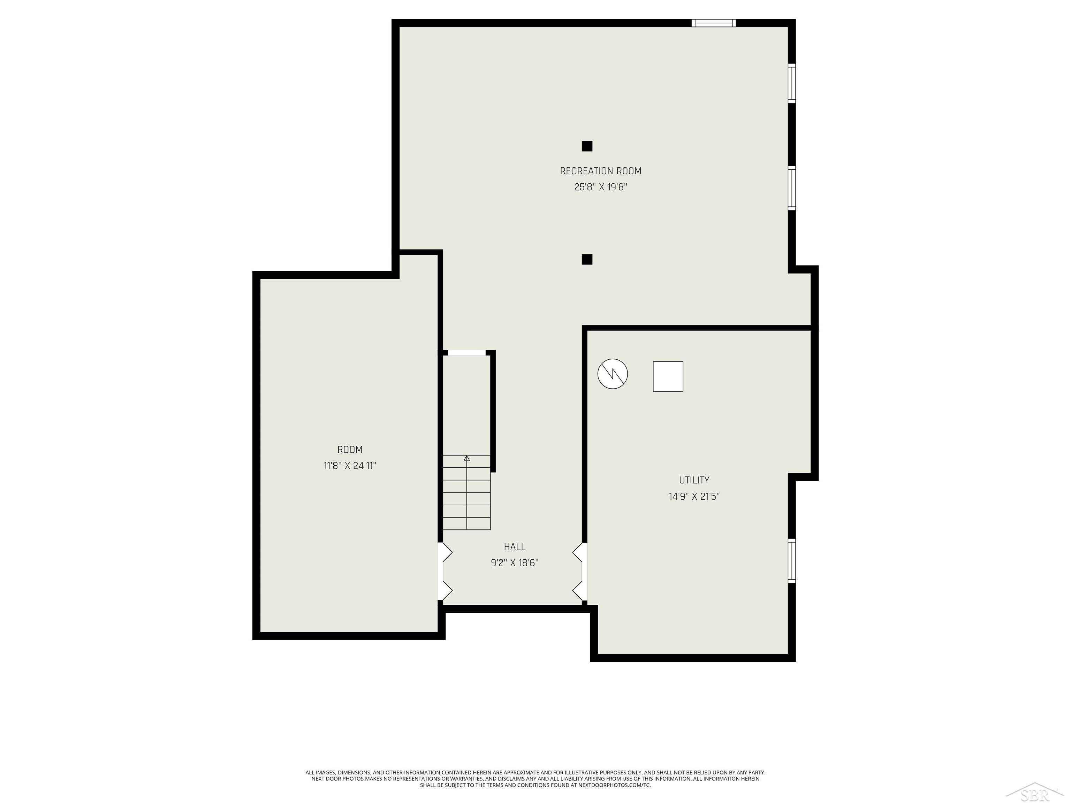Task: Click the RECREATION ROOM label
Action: click(600, 171)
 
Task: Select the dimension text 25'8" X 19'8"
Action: click(600, 187)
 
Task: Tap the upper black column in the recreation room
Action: click(587, 146)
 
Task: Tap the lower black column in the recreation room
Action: click(587, 259)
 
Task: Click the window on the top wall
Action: click(713, 23)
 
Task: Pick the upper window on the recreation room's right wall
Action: click(792, 83)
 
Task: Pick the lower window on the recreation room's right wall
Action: click(792, 188)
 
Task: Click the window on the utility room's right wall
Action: click(792, 560)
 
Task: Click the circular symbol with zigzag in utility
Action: click(613, 373)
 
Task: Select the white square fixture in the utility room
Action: click(668, 376)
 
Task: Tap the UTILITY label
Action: click(694, 480)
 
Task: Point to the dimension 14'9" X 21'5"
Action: click(694, 496)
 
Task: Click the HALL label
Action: click(514, 546)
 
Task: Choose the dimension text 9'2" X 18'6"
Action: click(514, 563)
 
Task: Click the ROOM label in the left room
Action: click(350, 449)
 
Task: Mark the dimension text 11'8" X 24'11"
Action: click(350, 466)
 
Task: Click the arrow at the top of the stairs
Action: click(467, 458)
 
